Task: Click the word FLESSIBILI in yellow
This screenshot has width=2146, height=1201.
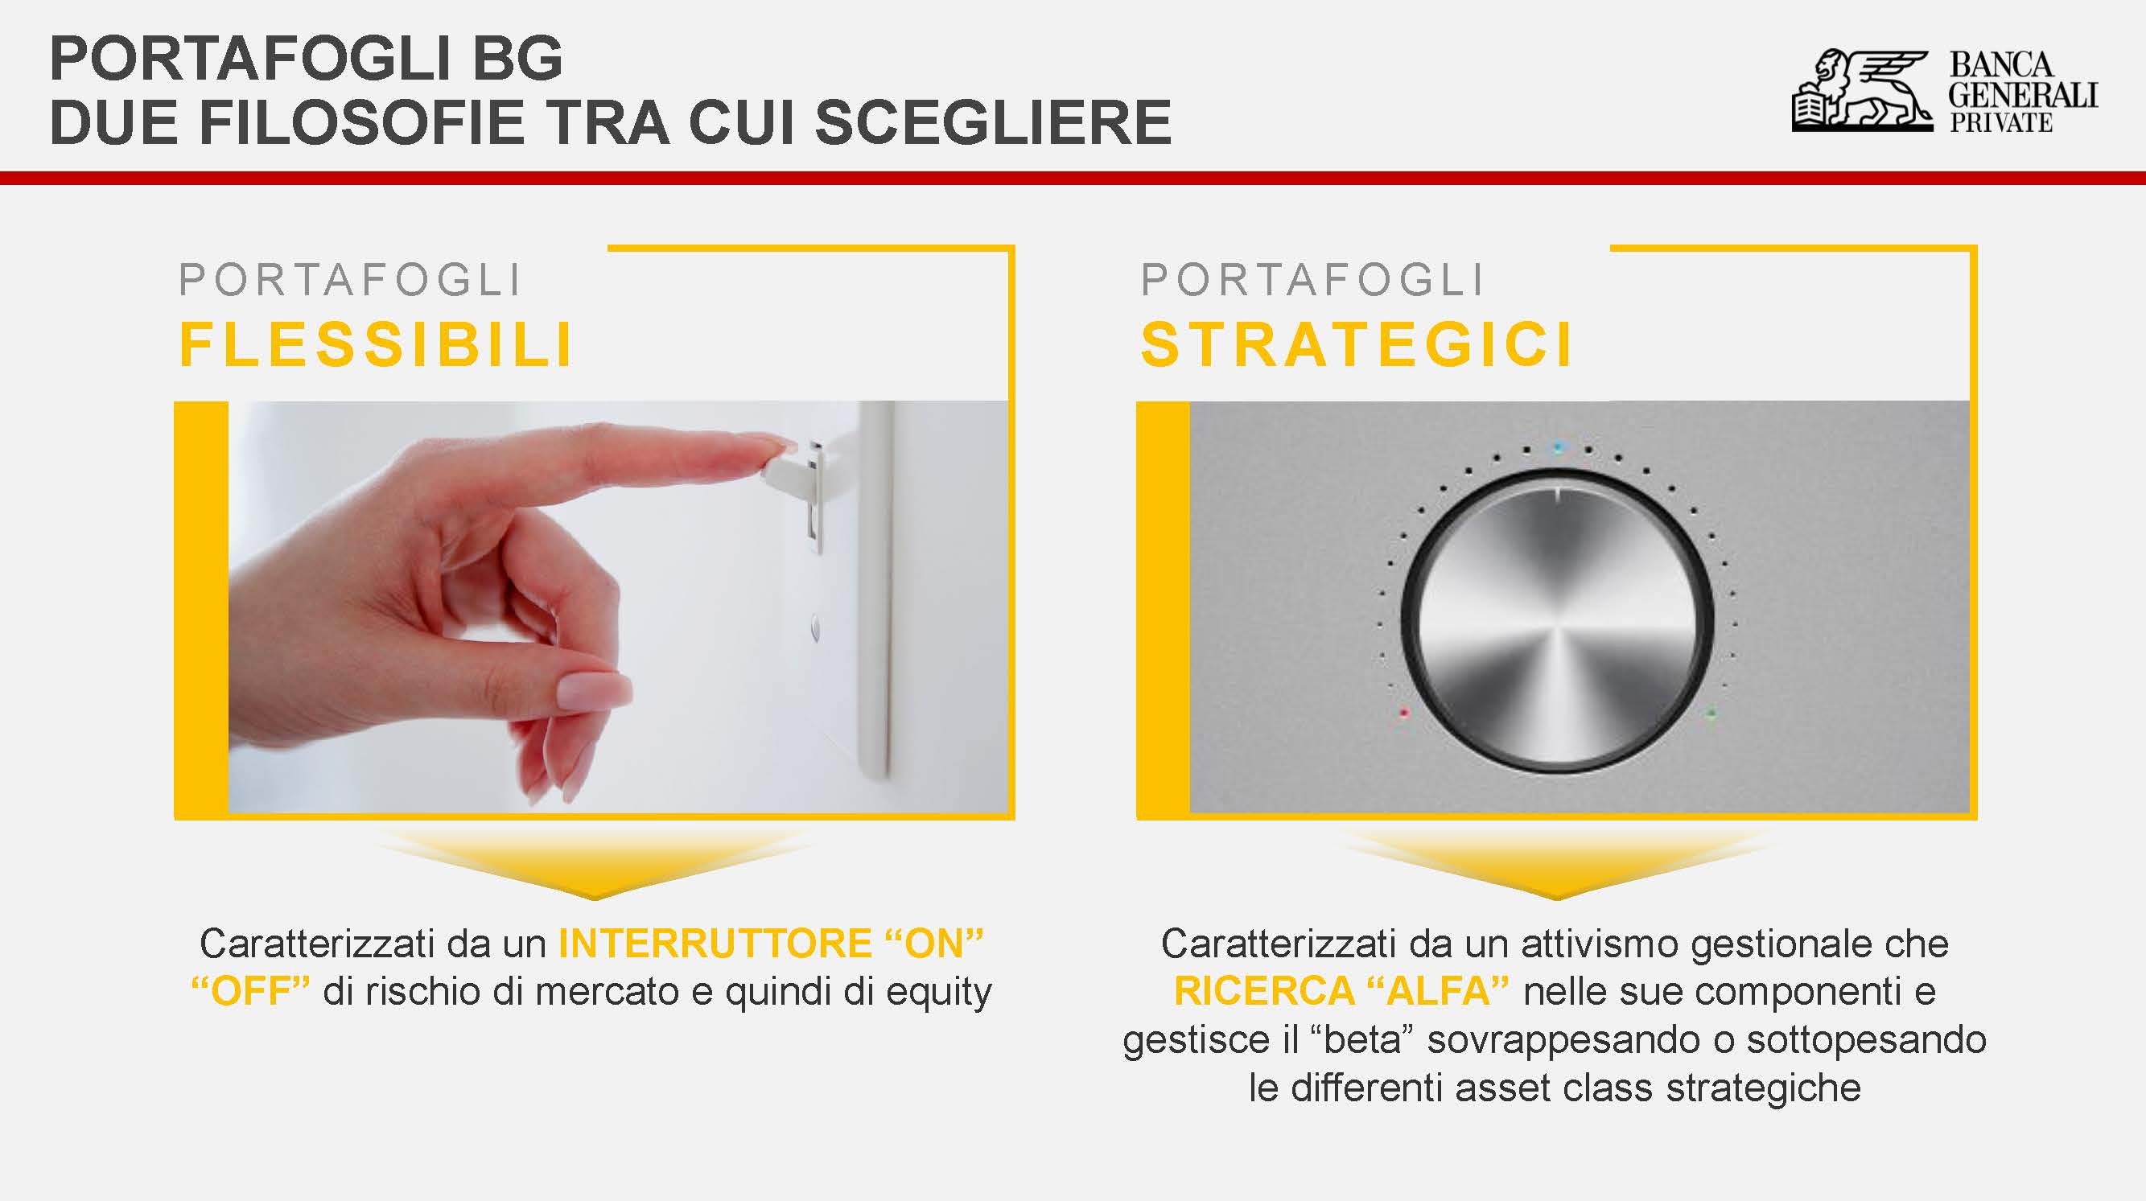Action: [377, 344]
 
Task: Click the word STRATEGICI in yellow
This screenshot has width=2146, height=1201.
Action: [1357, 344]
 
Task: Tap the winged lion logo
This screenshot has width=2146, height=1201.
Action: [1862, 91]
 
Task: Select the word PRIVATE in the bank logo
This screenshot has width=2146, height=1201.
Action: [2000, 122]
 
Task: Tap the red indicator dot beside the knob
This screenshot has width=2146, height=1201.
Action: [1405, 713]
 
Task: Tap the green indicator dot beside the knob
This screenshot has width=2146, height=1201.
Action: [1711, 713]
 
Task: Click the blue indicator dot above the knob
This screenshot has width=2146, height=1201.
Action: [1558, 448]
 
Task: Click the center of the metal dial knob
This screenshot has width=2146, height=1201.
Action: [1557, 621]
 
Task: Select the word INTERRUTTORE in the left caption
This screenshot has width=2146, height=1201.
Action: [715, 944]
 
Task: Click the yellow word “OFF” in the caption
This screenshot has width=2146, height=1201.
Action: [251, 991]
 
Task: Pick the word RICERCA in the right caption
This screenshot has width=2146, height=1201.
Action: [1264, 991]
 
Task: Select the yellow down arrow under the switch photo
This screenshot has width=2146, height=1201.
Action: [594, 865]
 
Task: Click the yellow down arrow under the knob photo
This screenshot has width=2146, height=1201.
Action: [1556, 865]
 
